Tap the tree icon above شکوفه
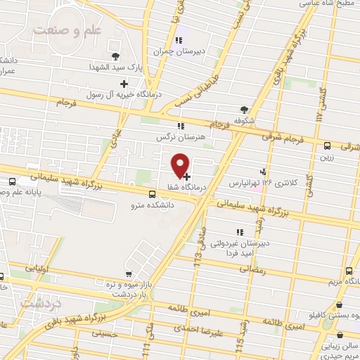pyautogui.click(x=244, y=109)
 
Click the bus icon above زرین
pyautogui.click(x=327, y=146)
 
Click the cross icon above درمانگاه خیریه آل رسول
pyautogui.click(x=124, y=84)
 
